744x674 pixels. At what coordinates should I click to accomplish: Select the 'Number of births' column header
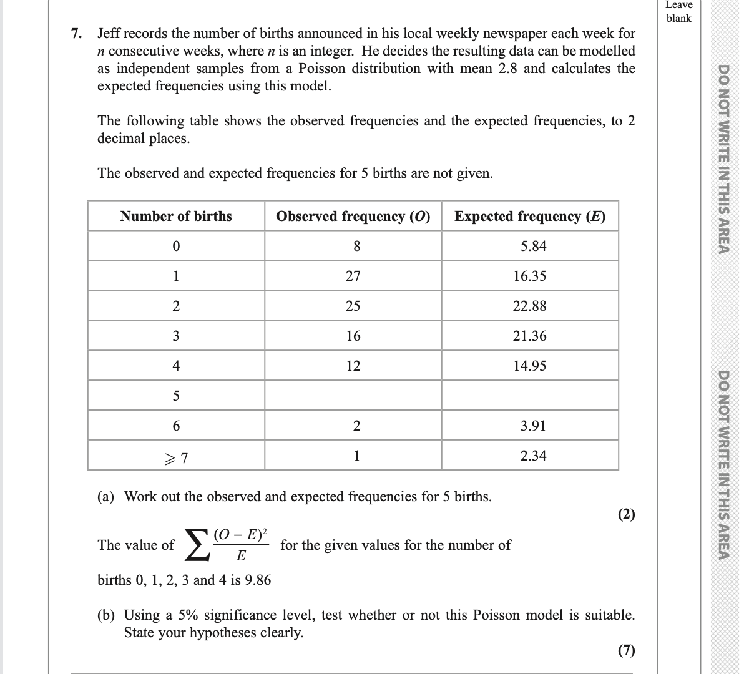[176, 217]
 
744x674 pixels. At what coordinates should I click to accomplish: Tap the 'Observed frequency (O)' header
[353, 217]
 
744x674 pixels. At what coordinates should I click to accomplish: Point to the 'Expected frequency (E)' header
[530, 217]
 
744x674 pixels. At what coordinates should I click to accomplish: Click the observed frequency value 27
[353, 276]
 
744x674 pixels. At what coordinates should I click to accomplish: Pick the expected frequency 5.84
[534, 247]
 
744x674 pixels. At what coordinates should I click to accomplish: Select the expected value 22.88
[530, 306]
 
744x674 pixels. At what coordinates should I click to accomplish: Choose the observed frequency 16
[353, 336]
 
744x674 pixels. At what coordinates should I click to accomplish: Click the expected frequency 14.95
[530, 366]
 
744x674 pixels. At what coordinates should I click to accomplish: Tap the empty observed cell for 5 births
[353, 396]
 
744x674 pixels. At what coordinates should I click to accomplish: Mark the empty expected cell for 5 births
[530, 396]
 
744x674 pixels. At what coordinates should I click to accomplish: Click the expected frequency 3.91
[534, 426]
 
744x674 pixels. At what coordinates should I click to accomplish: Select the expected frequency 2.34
[534, 456]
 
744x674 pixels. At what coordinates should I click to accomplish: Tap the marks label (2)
[626, 514]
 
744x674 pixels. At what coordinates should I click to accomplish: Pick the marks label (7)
[626, 650]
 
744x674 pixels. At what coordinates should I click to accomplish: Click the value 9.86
[256, 580]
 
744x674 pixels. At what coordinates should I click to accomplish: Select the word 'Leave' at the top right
[678, 5]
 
